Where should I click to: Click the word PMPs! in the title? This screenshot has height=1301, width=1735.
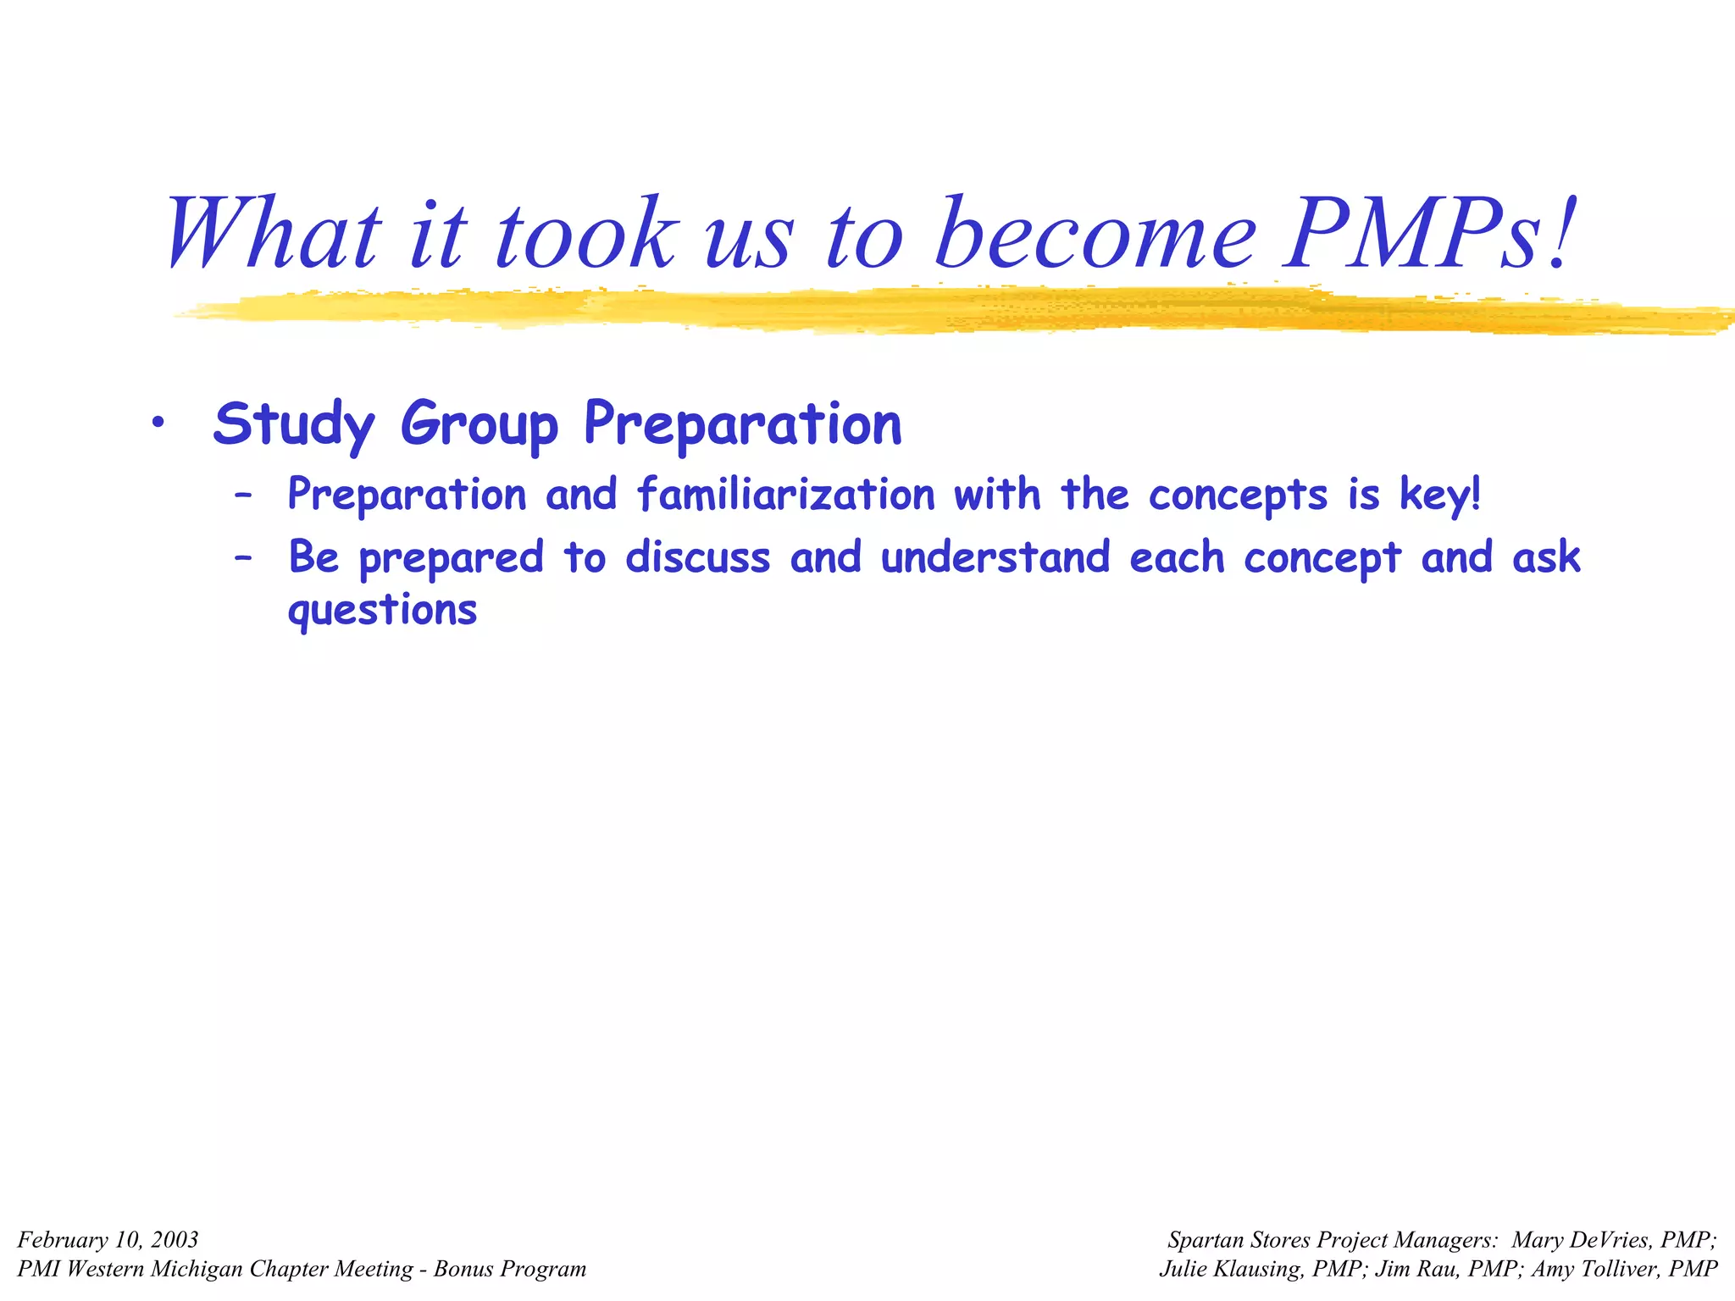tap(1430, 234)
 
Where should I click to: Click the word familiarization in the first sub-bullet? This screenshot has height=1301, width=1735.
tap(785, 494)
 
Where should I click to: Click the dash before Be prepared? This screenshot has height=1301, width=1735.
tap(243, 558)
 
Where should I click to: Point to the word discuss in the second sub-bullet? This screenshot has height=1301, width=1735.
tap(698, 557)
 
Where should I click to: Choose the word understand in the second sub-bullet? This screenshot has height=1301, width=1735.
tap(995, 557)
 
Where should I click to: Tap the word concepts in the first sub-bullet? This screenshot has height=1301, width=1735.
tap(1238, 495)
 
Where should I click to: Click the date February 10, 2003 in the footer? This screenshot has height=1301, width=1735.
tap(108, 1240)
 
